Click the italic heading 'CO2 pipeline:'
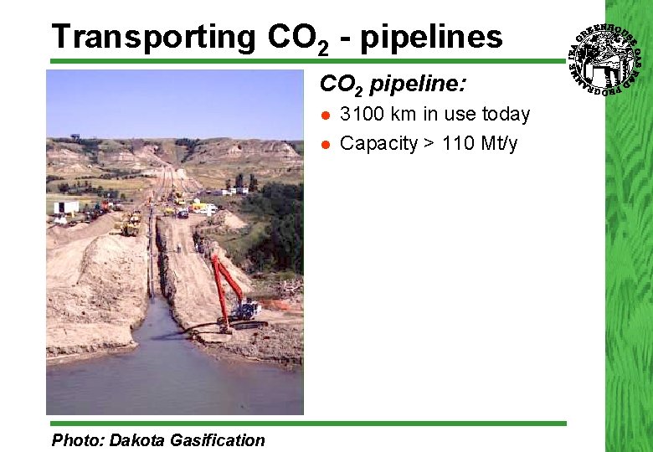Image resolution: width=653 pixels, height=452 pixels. point(393,85)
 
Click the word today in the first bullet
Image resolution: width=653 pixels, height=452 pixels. point(506,114)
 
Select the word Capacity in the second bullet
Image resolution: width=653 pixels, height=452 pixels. point(378,143)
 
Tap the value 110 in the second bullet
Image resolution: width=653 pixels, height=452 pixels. point(457,143)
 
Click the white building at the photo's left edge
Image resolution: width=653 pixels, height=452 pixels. point(65,207)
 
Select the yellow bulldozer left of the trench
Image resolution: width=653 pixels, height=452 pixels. point(130,224)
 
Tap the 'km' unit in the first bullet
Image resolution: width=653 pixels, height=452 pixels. point(405,114)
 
